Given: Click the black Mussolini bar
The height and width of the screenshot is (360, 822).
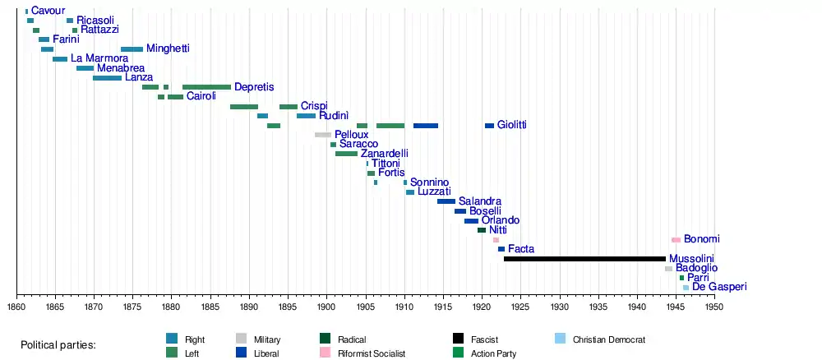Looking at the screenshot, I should (584, 259).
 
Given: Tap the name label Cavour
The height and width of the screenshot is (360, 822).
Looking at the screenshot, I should (48, 11).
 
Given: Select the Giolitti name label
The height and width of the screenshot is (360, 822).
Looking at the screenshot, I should (511, 125).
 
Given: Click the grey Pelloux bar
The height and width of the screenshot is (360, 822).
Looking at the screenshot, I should (323, 135).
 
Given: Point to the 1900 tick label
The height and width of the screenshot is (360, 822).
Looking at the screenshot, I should (327, 307).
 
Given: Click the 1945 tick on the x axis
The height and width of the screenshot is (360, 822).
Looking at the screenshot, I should (676, 307).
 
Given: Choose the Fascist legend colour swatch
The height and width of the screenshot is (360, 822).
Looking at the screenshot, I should (459, 339).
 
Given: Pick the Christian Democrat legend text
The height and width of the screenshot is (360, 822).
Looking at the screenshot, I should (609, 339).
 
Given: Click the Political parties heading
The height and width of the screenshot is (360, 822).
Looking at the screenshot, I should (58, 345).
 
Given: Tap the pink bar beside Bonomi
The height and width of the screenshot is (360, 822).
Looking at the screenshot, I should (676, 240).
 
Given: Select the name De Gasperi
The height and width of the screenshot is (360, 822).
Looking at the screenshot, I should (719, 287).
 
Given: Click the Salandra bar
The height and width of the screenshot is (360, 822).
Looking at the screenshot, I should (446, 201).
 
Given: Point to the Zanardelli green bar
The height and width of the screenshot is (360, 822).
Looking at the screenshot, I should (346, 154).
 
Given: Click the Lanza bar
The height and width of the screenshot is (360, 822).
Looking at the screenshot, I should (107, 78).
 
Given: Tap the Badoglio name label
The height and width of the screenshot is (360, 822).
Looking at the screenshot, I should (696, 268).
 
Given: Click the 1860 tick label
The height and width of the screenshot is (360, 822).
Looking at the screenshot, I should (16, 307).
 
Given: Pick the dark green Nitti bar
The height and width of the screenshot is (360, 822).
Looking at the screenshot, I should (482, 230).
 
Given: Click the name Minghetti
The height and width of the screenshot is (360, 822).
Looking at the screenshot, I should (168, 49).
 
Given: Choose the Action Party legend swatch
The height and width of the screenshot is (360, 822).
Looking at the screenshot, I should (459, 353).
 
